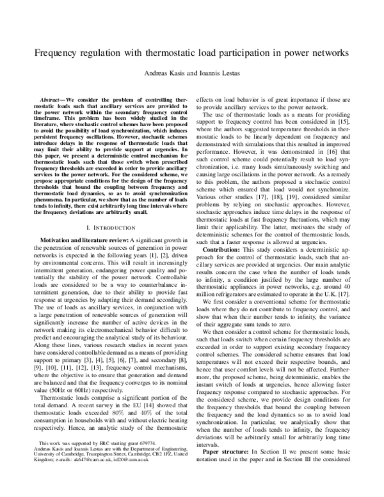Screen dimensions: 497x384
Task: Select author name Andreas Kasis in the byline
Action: pyautogui.click(x=166, y=74)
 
